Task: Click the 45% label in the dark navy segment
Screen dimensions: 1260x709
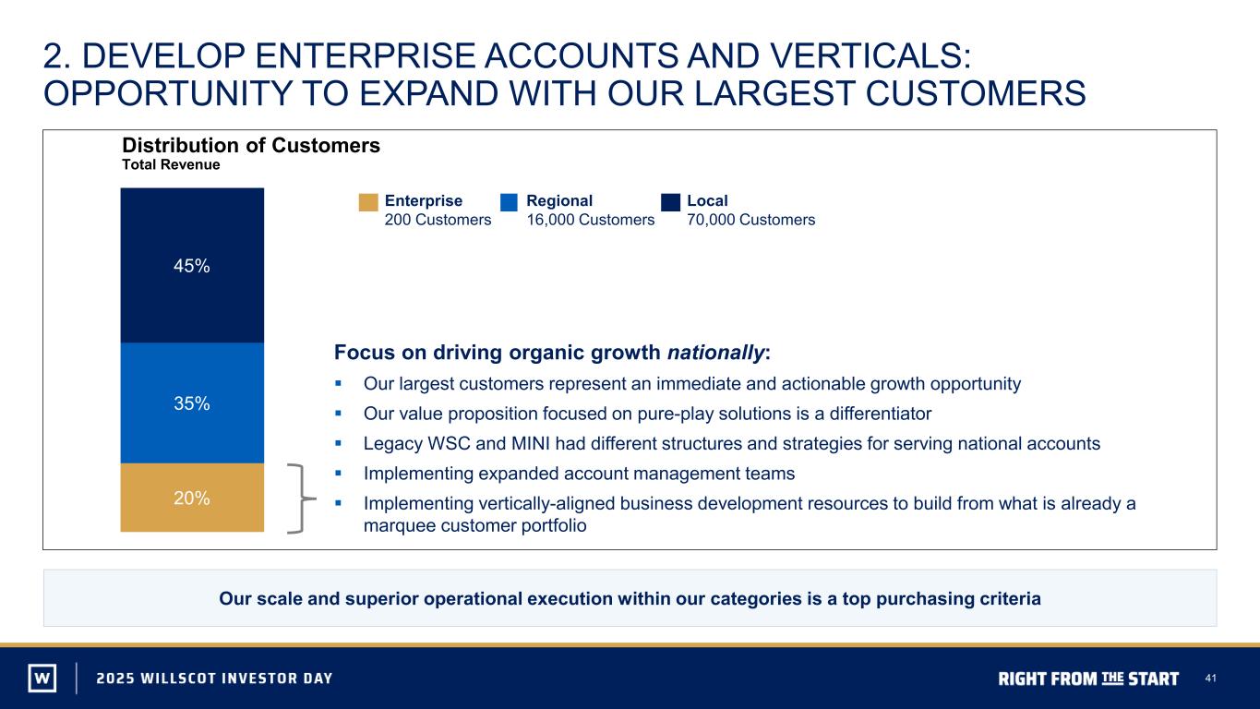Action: [192, 266]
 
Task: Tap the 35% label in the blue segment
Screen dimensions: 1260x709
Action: [192, 403]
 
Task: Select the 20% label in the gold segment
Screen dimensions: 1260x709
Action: [192, 498]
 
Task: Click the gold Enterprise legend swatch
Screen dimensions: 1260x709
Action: [368, 202]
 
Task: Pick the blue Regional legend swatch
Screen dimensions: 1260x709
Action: [509, 202]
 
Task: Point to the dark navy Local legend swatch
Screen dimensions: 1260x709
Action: [670, 202]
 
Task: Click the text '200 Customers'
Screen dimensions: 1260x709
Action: [438, 220]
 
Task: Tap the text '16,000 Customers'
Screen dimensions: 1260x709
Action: [591, 220]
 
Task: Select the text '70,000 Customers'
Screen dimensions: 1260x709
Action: [751, 220]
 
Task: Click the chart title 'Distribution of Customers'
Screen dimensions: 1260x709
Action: [251, 145]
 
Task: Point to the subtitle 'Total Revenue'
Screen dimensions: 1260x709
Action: [171, 164]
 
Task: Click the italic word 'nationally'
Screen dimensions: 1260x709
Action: [715, 353]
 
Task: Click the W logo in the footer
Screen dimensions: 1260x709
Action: [42, 678]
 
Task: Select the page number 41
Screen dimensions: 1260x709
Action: [1210, 679]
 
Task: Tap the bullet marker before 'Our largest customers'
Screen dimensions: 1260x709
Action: [338, 384]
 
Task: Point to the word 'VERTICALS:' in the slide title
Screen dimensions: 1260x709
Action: [870, 56]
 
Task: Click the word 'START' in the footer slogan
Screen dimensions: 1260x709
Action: [1153, 679]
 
